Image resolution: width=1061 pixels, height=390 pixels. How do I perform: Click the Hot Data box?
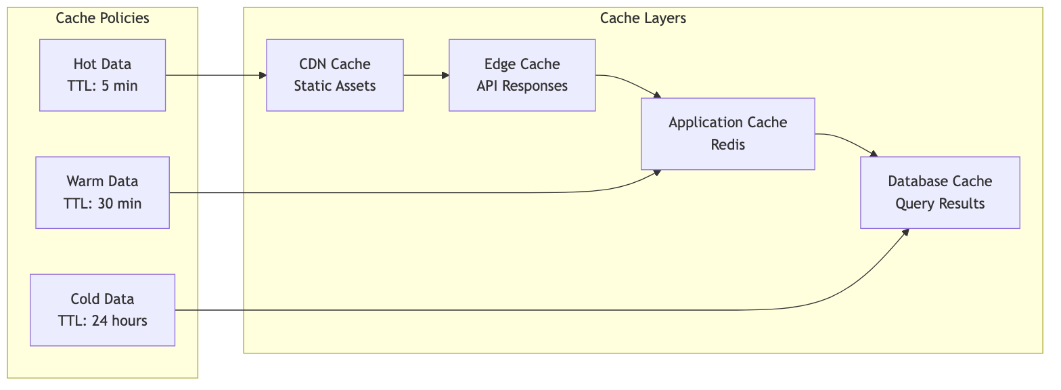point(102,74)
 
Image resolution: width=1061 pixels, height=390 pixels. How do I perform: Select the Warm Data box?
point(102,192)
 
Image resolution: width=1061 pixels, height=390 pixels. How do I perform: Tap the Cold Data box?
point(102,309)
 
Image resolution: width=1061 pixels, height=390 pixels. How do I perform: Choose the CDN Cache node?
point(334,74)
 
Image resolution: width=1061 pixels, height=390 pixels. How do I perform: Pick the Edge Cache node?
point(522,74)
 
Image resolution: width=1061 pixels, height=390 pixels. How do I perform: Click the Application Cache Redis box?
point(727,133)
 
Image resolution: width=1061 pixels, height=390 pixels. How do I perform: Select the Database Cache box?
point(939,192)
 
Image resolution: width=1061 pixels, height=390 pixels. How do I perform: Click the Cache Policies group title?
point(102,18)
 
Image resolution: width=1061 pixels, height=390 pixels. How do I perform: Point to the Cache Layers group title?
point(642,18)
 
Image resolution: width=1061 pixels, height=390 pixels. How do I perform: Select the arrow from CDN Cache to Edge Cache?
point(426,74)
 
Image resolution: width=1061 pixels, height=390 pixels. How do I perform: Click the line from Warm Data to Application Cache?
point(406,193)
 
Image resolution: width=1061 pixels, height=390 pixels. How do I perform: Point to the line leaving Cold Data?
point(474,310)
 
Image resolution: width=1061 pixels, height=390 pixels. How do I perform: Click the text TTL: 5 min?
point(102,86)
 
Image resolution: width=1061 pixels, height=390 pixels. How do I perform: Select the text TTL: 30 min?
point(102,204)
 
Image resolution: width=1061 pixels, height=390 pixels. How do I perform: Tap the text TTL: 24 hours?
point(102,321)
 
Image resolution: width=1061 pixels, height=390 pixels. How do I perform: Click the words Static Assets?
point(334,86)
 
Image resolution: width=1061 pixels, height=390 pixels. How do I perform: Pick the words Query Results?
point(939,204)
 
